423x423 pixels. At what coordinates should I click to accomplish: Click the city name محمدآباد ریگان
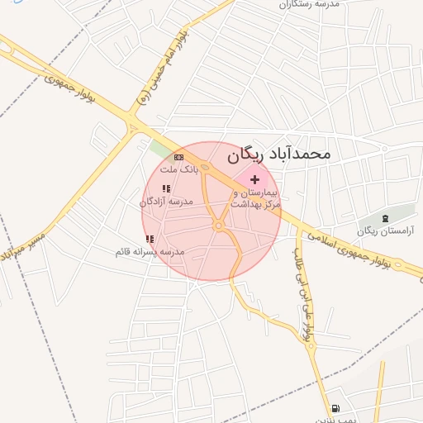tap(278, 154)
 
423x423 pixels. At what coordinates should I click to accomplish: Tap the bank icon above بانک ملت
tap(178, 157)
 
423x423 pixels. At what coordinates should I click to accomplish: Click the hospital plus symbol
tap(254, 179)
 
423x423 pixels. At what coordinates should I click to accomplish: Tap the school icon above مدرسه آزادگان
tap(166, 189)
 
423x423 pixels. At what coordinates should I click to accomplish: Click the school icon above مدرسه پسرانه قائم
tap(150, 239)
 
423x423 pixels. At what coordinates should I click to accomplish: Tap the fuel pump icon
tap(335, 408)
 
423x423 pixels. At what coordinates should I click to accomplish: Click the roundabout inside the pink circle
tap(219, 226)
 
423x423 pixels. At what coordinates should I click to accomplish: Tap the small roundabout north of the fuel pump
tap(312, 346)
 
